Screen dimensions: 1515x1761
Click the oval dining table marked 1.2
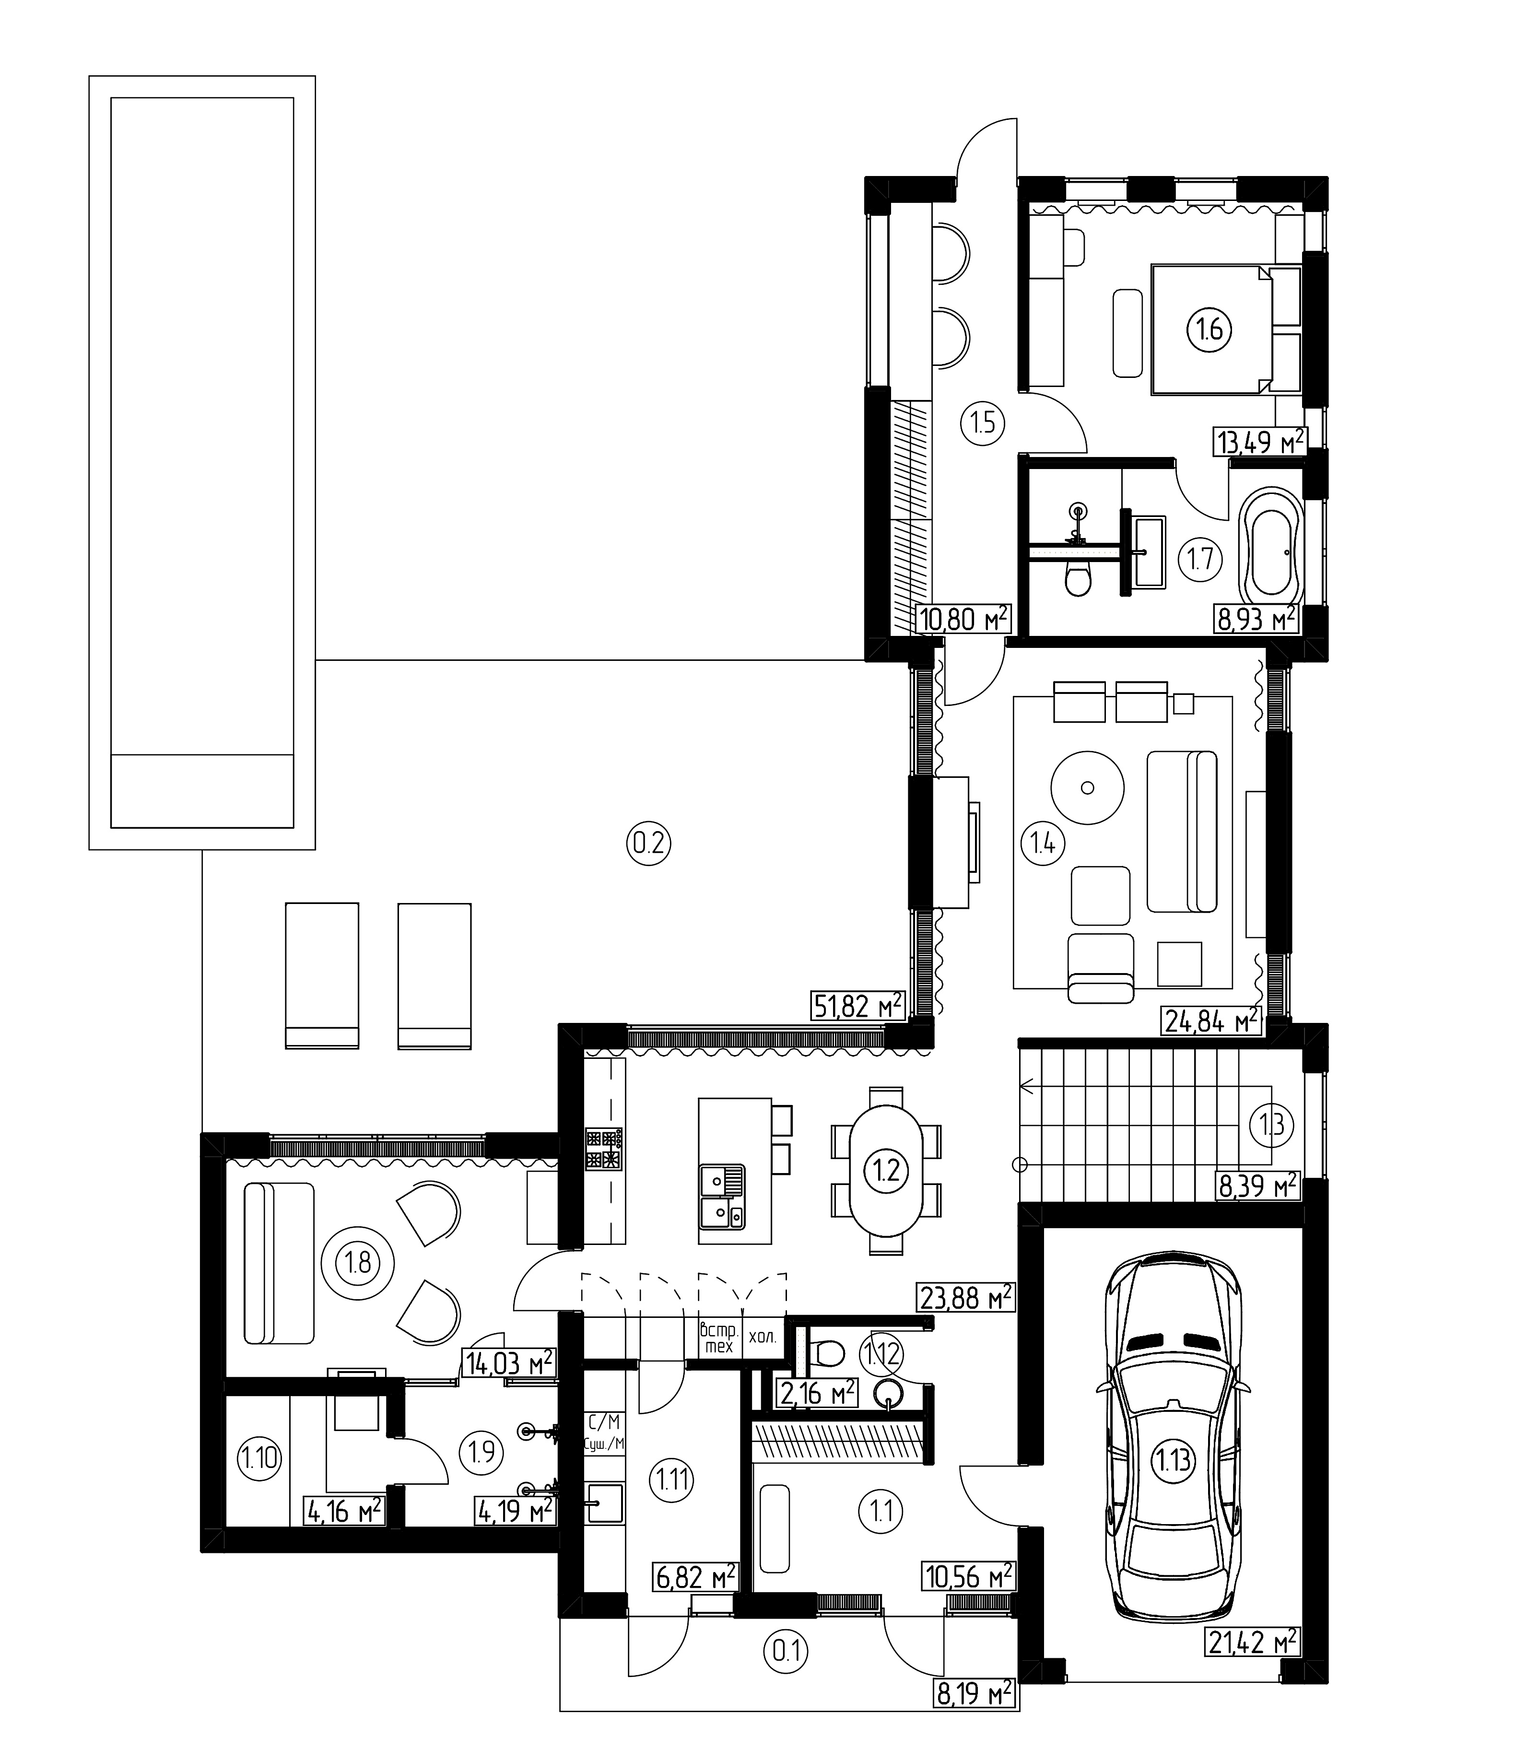[x=886, y=1171]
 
